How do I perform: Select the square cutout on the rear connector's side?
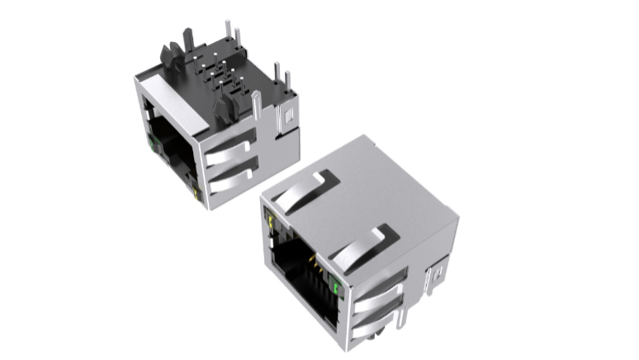[288, 118]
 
